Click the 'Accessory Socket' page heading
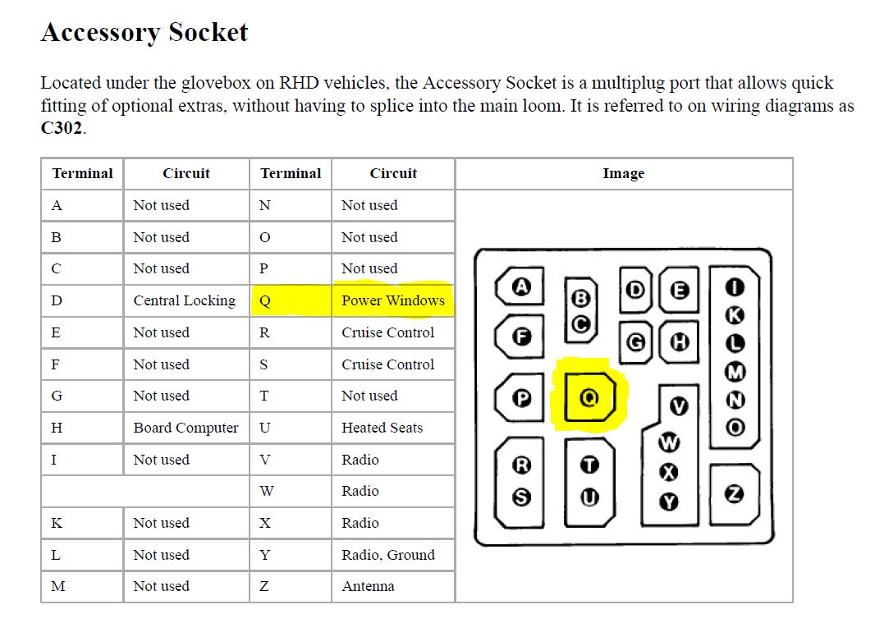click(x=144, y=32)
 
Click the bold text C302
click(x=62, y=128)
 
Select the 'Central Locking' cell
click(x=185, y=301)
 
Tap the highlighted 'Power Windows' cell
click(x=393, y=300)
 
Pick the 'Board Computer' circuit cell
click(x=186, y=428)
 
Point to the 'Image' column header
click(x=623, y=174)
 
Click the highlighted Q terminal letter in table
click(x=265, y=301)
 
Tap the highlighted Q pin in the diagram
click(x=589, y=397)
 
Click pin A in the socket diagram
click(x=521, y=287)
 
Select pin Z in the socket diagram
click(x=735, y=494)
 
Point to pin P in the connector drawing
click(x=522, y=398)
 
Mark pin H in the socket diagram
click(x=679, y=341)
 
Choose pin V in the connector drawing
click(x=679, y=406)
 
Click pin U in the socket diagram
click(x=590, y=497)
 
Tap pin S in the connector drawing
click(x=522, y=497)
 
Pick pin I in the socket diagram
click(x=735, y=287)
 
